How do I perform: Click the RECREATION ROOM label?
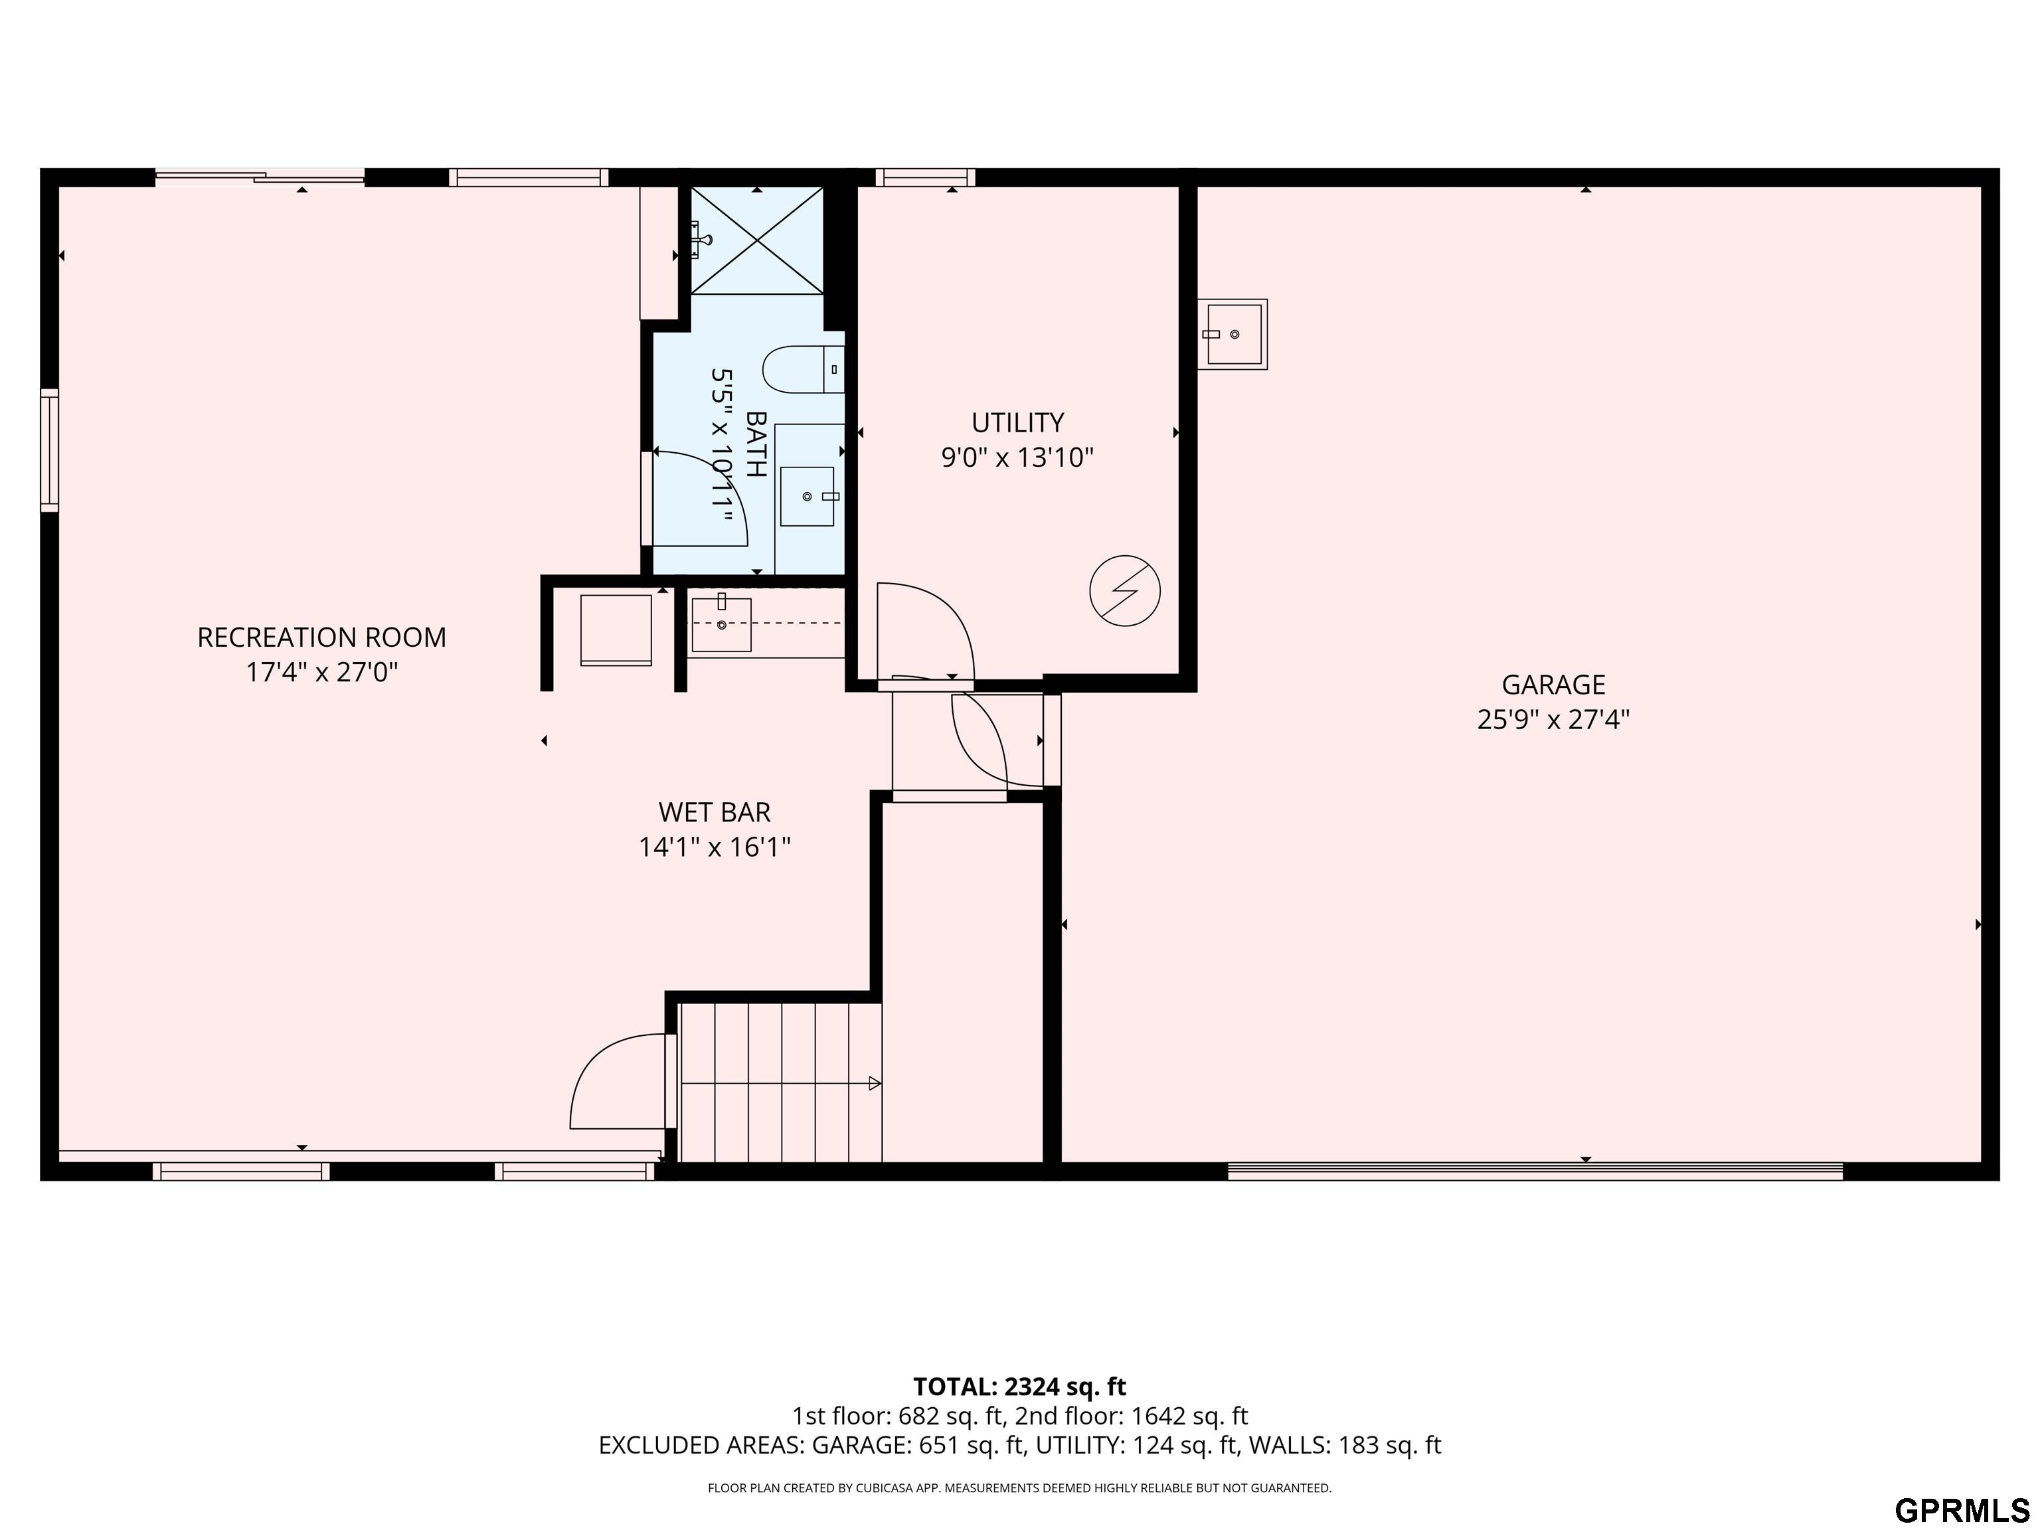[322, 637]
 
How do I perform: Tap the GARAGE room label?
[1553, 684]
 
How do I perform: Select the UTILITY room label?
[1017, 422]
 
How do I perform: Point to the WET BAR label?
[715, 813]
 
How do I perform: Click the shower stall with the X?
[757, 240]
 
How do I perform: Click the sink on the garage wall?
[1232, 334]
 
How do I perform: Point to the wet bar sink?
[721, 624]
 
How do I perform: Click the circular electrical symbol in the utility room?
[1125, 590]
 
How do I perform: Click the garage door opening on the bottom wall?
[1535, 1171]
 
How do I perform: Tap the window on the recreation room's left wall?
[50, 450]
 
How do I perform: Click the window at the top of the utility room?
[925, 177]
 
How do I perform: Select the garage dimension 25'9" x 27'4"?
[1553, 719]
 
